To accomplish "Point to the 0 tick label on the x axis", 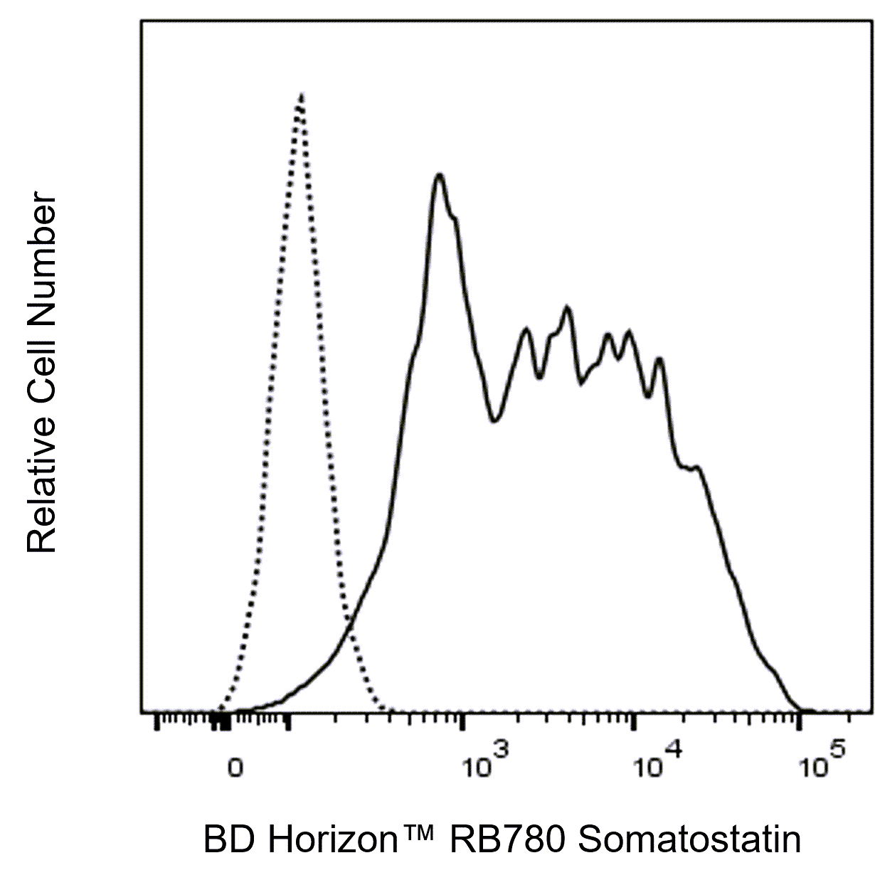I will click(x=235, y=768).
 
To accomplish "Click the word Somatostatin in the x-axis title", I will click(x=689, y=840).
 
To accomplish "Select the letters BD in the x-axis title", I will click(x=226, y=840).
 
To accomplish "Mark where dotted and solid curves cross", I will click(x=348, y=622).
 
